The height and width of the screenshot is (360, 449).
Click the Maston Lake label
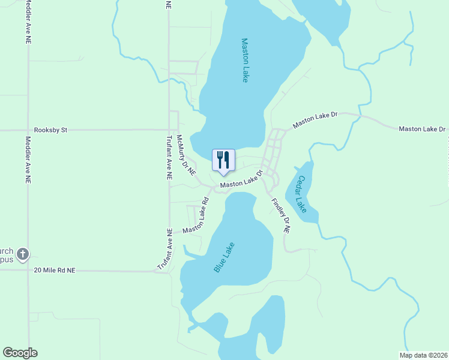[x=245, y=61]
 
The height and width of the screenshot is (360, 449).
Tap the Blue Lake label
[x=224, y=257]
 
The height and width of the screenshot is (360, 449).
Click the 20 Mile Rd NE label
[x=55, y=271]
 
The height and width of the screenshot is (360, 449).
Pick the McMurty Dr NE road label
[x=185, y=154]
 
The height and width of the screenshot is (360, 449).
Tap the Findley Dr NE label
[x=280, y=215]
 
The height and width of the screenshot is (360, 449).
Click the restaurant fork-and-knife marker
[x=223, y=160]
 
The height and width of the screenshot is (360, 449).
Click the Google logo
[x=20, y=353]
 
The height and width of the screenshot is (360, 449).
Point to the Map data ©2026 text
[x=423, y=355]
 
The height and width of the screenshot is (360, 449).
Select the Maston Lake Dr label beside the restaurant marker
[x=242, y=179]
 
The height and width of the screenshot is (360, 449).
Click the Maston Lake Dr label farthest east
[x=422, y=129]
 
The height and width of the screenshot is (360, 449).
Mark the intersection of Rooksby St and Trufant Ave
[x=169, y=129]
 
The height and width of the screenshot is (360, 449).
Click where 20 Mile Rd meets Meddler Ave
[x=28, y=271]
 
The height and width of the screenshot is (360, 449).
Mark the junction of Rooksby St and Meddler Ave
[x=28, y=130]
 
